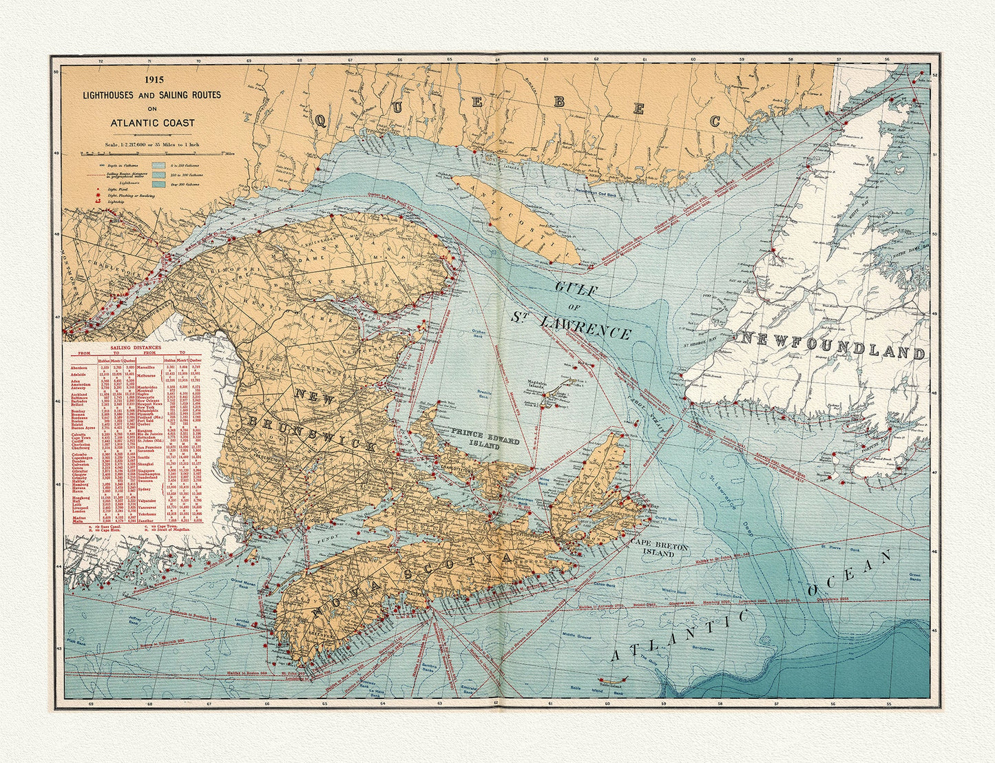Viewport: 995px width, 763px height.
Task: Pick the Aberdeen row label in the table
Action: (80, 368)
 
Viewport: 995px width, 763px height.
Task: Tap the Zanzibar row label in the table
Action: (146, 521)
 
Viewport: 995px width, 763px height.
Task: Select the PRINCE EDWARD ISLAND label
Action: (485, 437)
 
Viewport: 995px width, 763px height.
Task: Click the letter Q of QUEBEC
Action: (321, 121)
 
